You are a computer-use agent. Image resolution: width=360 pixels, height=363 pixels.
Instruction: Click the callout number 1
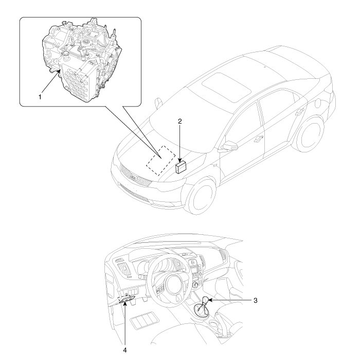pos(40,97)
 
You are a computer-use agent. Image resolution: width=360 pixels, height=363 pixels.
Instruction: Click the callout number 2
pos(180,121)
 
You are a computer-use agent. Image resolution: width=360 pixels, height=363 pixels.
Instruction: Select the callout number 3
pos(255,300)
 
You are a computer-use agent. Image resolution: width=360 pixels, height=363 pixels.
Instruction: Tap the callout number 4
pos(125,356)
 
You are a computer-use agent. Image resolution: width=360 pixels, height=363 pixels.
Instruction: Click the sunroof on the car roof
pos(227,88)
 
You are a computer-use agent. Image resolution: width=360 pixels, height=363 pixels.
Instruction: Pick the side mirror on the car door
pos(229,146)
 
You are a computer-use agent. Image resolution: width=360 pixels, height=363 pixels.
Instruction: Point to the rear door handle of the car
pos(299,112)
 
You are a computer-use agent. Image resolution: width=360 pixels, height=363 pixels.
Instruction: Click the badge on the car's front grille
pos(133,177)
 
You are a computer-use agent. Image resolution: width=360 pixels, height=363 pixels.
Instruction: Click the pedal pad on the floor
pos(145,320)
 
